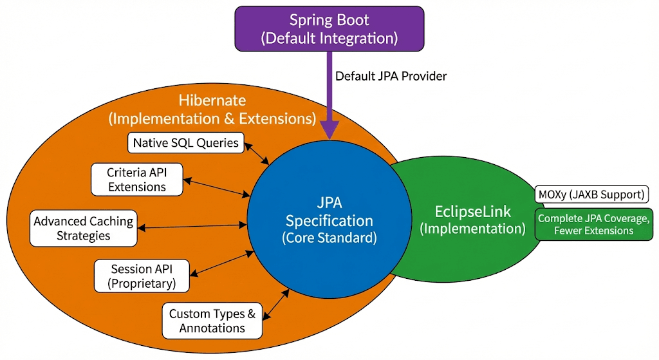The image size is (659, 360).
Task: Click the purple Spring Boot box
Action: click(329, 28)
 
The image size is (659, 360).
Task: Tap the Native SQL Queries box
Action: click(186, 142)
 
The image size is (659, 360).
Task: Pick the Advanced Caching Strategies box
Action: click(84, 228)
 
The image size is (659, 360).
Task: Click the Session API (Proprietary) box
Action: click(141, 276)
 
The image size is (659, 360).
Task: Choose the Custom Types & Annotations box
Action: click(212, 321)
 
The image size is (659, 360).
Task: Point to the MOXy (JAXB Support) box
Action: click(589, 194)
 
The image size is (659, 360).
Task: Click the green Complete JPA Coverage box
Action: click(594, 224)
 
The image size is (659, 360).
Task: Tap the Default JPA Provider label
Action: click(391, 76)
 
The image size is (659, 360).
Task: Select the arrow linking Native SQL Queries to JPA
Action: click(257, 154)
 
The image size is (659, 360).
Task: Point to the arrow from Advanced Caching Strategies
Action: click(192, 226)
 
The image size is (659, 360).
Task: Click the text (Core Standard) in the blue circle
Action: click(329, 237)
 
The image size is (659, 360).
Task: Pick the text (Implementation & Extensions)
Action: click(212, 118)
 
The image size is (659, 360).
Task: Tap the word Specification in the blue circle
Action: click(329, 221)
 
